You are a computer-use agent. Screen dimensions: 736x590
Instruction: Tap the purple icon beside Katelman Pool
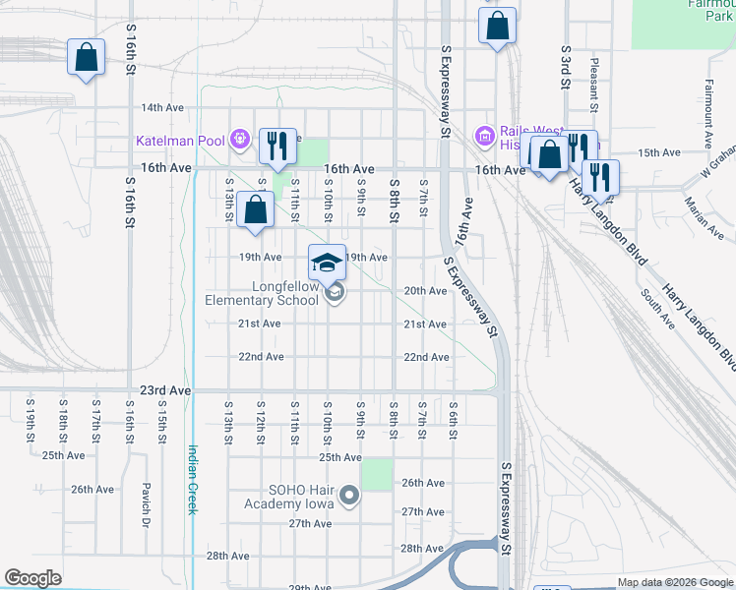pyautogui.click(x=238, y=140)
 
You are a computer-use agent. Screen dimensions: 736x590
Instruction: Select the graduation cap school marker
pyautogui.click(x=328, y=262)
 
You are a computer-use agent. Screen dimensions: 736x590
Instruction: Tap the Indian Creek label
pyautogui.click(x=193, y=479)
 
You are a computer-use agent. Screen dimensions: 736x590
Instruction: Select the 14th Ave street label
pyautogui.click(x=163, y=107)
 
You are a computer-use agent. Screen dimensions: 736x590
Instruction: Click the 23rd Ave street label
pyautogui.click(x=165, y=390)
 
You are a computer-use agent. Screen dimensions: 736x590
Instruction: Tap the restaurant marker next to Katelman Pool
pyautogui.click(x=276, y=147)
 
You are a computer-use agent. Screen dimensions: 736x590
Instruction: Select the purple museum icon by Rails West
pyautogui.click(x=483, y=135)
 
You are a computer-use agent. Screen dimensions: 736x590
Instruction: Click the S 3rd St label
pyautogui.click(x=566, y=66)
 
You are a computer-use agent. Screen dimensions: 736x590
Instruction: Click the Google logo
pyautogui.click(x=32, y=578)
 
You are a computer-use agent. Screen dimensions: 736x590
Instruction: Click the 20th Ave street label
pyautogui.click(x=425, y=291)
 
